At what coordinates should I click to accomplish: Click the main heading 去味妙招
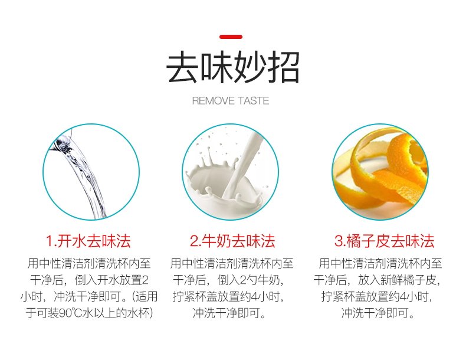(x=232, y=68)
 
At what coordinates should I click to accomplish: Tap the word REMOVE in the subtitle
(x=213, y=101)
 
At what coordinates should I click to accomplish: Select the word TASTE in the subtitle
(x=254, y=101)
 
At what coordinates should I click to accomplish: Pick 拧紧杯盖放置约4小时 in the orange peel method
(x=378, y=296)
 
